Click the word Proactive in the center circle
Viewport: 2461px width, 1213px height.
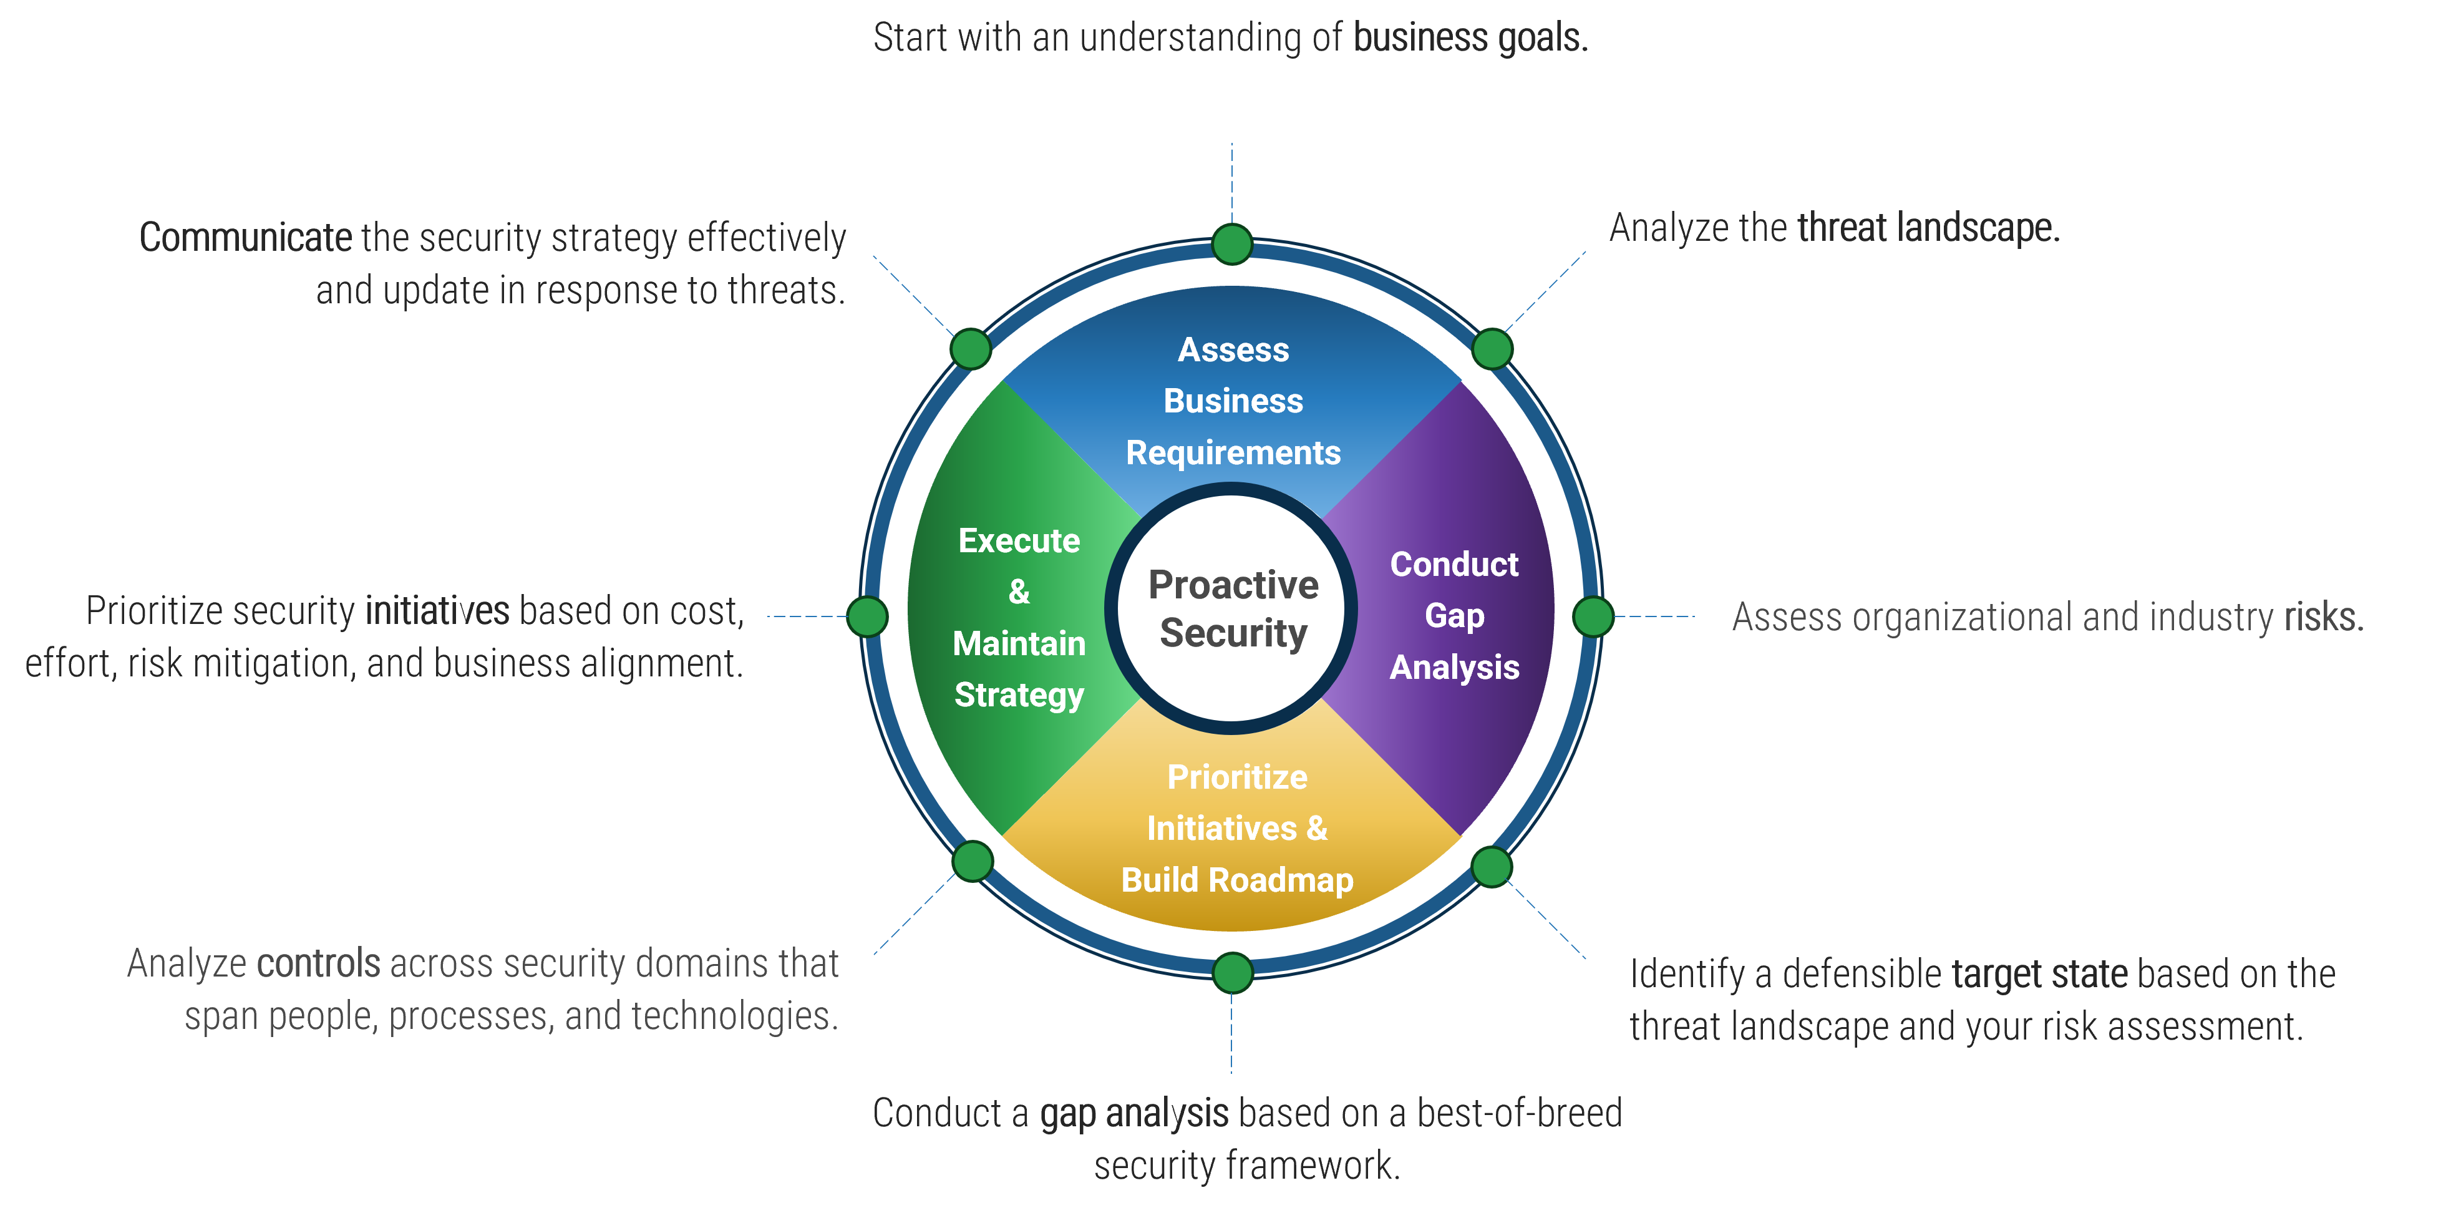click(x=1233, y=584)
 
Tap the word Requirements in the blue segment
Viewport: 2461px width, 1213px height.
click(x=1233, y=452)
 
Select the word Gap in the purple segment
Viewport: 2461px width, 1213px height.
click(x=1454, y=616)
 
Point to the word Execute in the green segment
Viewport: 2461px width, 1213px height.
click(x=1019, y=541)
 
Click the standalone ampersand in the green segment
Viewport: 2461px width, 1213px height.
click(x=1019, y=592)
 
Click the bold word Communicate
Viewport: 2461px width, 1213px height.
click(x=246, y=237)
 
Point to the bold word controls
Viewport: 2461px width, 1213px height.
click(x=319, y=963)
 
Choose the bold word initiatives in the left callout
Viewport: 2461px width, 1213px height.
click(x=437, y=611)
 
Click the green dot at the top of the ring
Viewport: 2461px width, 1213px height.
click(x=1231, y=245)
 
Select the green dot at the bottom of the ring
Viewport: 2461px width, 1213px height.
click(x=1231, y=973)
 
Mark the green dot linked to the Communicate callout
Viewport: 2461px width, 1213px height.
click(x=971, y=349)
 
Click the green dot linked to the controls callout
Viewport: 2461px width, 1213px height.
click(x=973, y=861)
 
